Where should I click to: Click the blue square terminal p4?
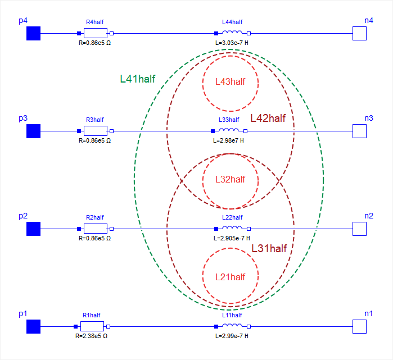(x=34, y=34)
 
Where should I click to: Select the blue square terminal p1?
(x=34, y=326)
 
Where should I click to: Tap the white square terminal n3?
(x=359, y=131)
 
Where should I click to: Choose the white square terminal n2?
(x=359, y=229)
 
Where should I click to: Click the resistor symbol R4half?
(x=95, y=33)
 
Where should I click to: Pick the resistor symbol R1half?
(x=92, y=326)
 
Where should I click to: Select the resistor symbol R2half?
(x=95, y=229)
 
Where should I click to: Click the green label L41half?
(x=138, y=79)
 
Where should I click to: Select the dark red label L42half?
(x=268, y=118)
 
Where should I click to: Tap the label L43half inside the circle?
(x=231, y=81)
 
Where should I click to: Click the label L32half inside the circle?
(x=231, y=179)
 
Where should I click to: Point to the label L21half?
(x=231, y=277)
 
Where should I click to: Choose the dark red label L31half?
(x=269, y=248)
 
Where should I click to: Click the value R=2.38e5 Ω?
(x=91, y=336)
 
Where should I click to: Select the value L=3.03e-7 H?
(x=231, y=43)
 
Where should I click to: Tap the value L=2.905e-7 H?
(x=231, y=238)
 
